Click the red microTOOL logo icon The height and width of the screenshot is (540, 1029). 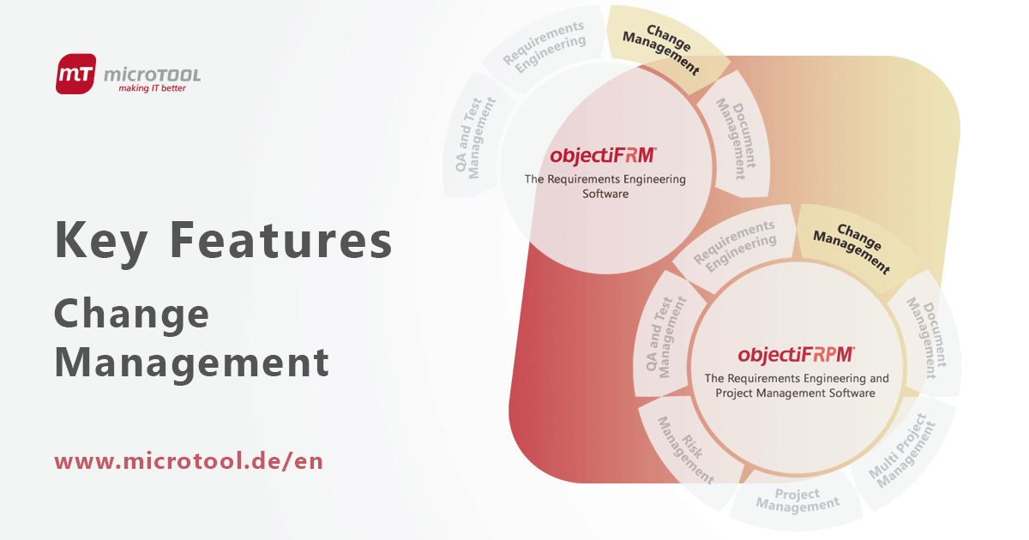tap(77, 74)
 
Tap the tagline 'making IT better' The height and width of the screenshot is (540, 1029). tap(152, 88)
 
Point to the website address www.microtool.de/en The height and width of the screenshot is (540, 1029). tap(189, 461)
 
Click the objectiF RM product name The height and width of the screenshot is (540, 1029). tap(604, 156)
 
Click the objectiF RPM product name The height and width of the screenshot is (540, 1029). tap(797, 354)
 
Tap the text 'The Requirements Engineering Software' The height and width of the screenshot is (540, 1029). tap(605, 187)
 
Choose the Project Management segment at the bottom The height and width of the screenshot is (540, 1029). tap(797, 501)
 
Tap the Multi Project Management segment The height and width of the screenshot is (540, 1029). tap(900, 450)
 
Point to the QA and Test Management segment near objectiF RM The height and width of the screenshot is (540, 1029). tap(476, 138)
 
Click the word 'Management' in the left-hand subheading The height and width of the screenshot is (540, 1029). tap(192, 362)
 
